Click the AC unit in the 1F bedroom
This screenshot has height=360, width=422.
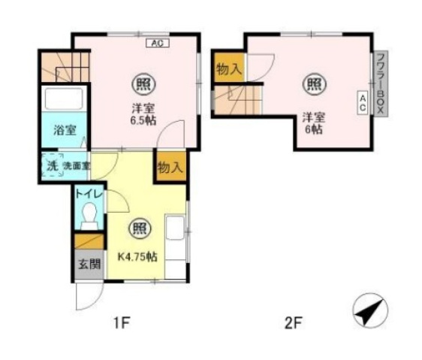click(x=158, y=43)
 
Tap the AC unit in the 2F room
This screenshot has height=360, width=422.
click(x=363, y=103)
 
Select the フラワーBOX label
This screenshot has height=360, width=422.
click(x=381, y=83)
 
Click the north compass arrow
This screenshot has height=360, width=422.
click(x=370, y=310)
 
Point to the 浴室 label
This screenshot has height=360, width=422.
click(x=65, y=131)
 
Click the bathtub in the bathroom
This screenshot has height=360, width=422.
click(x=64, y=98)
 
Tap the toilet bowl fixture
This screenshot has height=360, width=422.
click(x=89, y=216)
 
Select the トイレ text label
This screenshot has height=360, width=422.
click(x=89, y=194)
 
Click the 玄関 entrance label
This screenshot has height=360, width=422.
click(x=89, y=264)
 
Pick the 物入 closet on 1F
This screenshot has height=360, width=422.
click(x=171, y=167)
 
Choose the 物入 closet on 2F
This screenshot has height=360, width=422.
click(x=229, y=68)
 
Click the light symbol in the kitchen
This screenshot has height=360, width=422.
click(x=140, y=228)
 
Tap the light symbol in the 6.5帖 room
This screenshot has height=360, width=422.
click(x=143, y=84)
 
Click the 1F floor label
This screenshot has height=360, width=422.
click(x=122, y=322)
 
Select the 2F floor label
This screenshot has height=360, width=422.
click(x=294, y=323)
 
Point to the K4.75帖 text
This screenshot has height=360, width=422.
click(x=137, y=257)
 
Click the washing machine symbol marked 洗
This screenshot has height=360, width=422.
click(x=53, y=165)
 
